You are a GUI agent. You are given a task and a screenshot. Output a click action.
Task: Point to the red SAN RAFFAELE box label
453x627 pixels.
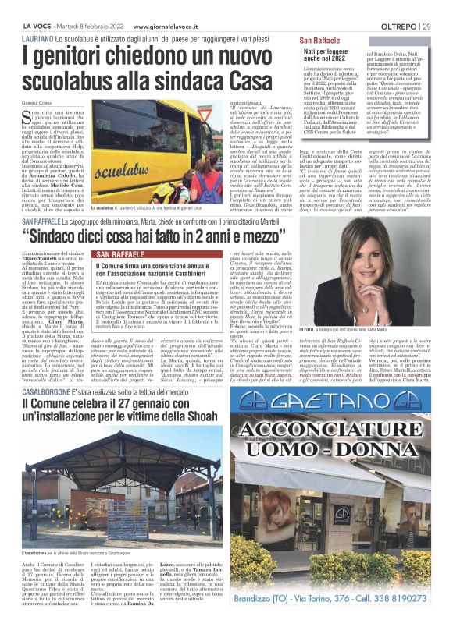coord(119,255)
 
